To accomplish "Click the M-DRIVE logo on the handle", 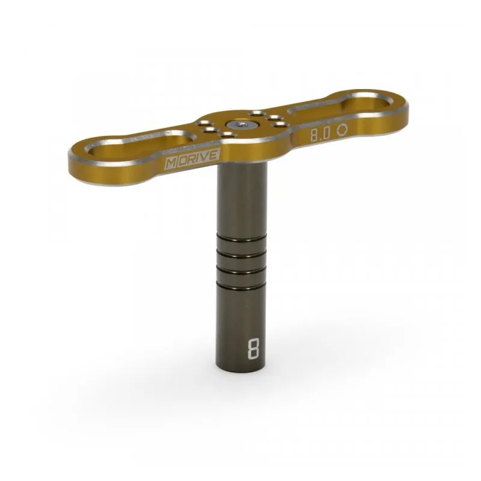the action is [192, 159].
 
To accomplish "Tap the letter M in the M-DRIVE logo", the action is [171, 164].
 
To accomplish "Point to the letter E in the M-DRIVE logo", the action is [214, 155].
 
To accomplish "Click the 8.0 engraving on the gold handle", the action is [320, 134].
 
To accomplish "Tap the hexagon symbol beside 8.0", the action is [342, 130].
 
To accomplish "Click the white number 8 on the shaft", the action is [253, 349].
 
